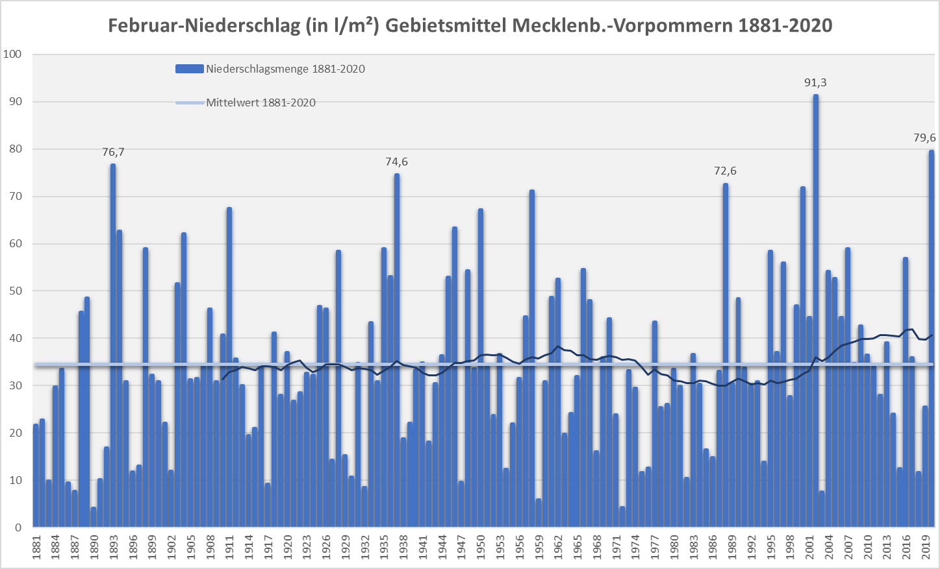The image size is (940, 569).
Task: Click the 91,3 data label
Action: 815,83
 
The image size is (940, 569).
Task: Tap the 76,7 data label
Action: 113,152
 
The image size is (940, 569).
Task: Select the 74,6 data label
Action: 396,162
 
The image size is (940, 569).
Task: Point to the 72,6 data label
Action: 725,171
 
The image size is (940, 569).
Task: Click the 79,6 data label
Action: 924,138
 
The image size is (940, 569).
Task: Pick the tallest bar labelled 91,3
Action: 816,311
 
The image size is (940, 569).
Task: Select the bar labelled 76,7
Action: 113,344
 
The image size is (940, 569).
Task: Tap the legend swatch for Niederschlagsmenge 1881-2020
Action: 190,69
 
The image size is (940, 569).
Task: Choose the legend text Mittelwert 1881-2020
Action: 260,103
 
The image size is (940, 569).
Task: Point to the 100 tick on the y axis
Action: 12,54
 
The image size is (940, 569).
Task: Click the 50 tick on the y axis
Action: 15,291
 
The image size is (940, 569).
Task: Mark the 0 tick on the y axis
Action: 18,527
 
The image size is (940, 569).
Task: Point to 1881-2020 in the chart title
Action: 785,26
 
